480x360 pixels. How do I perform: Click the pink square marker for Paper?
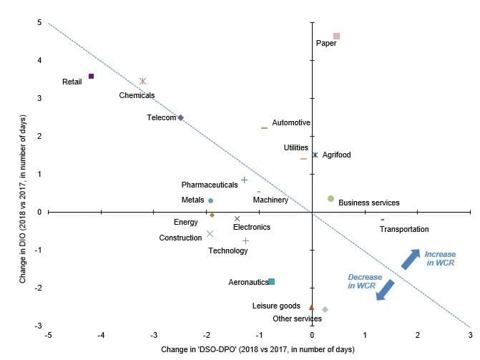pyautogui.click(x=336, y=36)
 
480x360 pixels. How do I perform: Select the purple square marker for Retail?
pyautogui.click(x=91, y=76)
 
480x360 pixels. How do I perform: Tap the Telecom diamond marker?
pyautogui.click(x=180, y=117)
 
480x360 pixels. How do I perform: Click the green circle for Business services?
pyautogui.click(x=330, y=198)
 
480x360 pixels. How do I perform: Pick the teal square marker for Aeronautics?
pyautogui.click(x=271, y=281)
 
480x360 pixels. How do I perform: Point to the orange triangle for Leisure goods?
pyautogui.click(x=311, y=306)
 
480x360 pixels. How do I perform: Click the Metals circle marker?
pyautogui.click(x=210, y=200)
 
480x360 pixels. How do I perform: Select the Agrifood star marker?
pyautogui.click(x=315, y=155)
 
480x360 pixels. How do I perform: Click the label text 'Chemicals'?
pyautogui.click(x=137, y=95)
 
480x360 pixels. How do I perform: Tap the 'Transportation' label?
pyautogui.click(x=404, y=229)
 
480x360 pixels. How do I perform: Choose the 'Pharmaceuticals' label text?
pyautogui.click(x=210, y=185)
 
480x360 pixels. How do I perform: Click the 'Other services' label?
pyautogui.click(x=297, y=318)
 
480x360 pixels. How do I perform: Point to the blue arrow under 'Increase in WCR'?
pyautogui.click(x=411, y=259)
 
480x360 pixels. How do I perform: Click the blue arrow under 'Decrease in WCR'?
pyautogui.click(x=386, y=290)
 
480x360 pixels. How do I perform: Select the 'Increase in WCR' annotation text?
pyautogui.click(x=439, y=259)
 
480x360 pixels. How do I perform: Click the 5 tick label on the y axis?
pyautogui.click(x=39, y=23)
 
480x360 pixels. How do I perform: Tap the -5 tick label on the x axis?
pyautogui.click(x=48, y=334)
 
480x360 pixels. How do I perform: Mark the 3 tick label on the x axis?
pyautogui.click(x=470, y=334)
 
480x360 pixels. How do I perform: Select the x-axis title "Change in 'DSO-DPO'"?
pyautogui.click(x=259, y=349)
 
